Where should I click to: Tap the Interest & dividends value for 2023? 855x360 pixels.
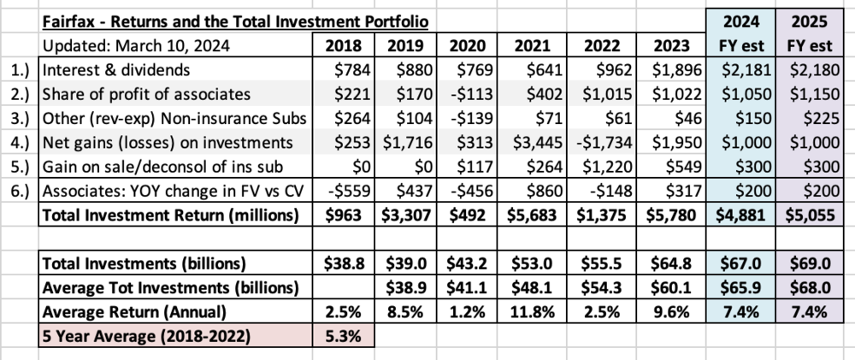pyautogui.click(x=676, y=70)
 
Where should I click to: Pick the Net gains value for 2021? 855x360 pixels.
pyautogui.click(x=538, y=142)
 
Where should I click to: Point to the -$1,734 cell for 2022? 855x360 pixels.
pyautogui.click(x=604, y=142)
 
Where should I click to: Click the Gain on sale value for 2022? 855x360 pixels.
pyautogui.click(x=607, y=167)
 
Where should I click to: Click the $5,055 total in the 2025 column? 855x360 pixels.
pyautogui.click(x=811, y=215)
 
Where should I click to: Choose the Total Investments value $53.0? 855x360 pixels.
pyautogui.click(x=532, y=263)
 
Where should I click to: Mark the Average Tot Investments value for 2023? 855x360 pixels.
pyautogui.click(x=671, y=287)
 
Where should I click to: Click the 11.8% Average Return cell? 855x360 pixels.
pyautogui.click(x=533, y=312)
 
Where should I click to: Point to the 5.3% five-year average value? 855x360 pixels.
pyautogui.click(x=344, y=336)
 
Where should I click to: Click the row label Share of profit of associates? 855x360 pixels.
pyautogui.click(x=146, y=94)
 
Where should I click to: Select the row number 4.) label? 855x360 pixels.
pyautogui.click(x=21, y=142)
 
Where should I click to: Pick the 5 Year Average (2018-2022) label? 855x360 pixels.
pyautogui.click(x=146, y=336)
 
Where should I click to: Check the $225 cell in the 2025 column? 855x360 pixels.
pyautogui.click(x=823, y=118)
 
